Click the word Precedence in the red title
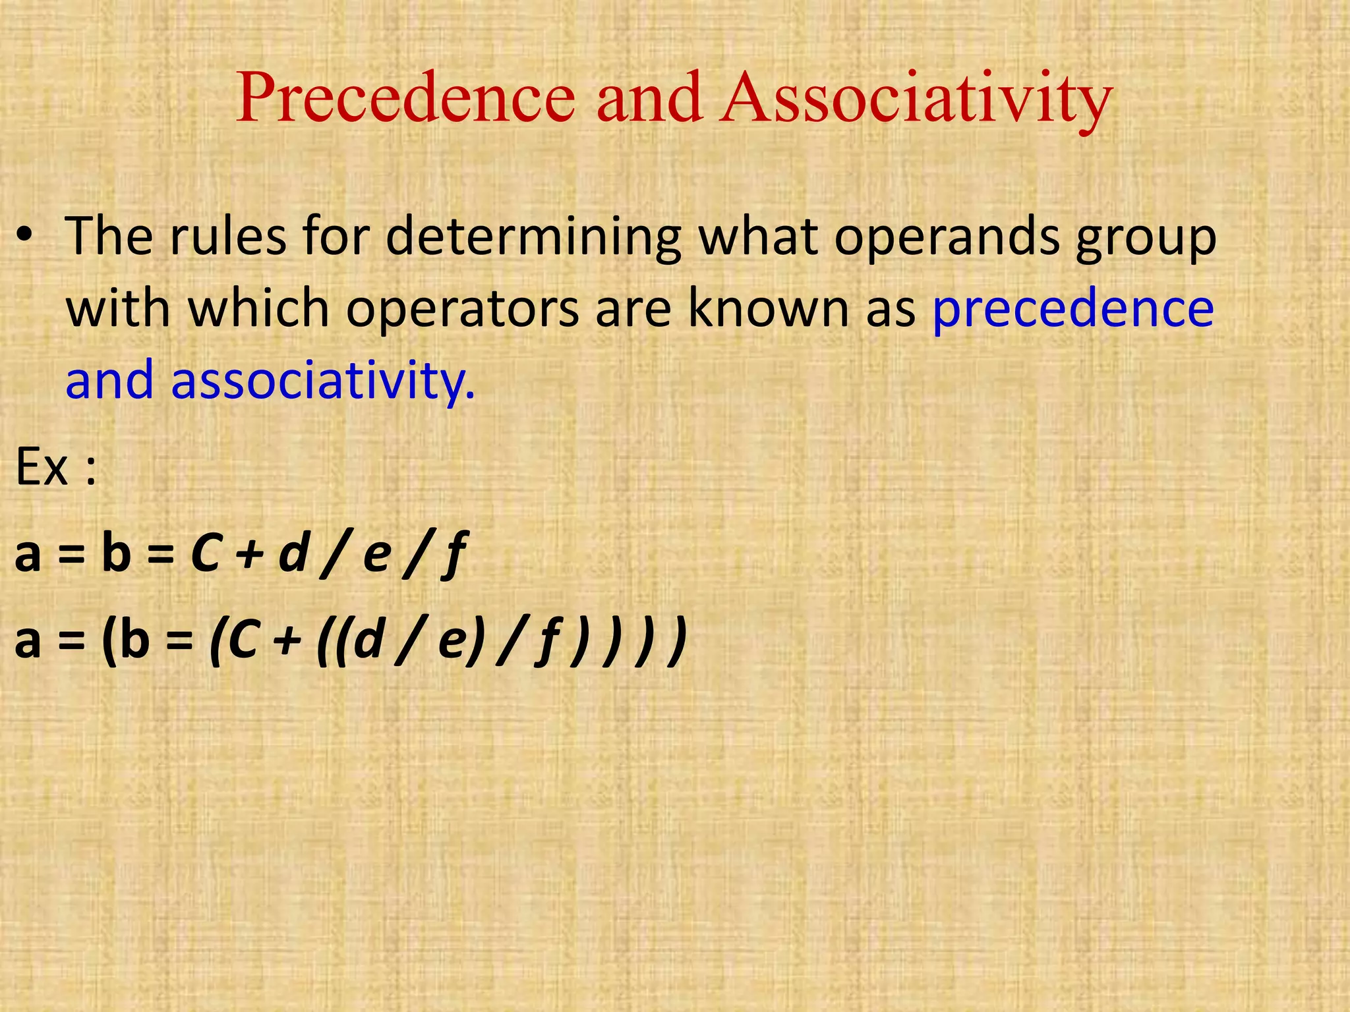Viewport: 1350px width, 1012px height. point(405,98)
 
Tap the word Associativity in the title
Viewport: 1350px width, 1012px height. point(916,99)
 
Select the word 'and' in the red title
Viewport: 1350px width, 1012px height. point(649,98)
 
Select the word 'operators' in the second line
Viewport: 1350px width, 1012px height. point(462,310)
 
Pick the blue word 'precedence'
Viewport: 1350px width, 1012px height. point(1073,310)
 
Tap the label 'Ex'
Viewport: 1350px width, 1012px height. point(42,466)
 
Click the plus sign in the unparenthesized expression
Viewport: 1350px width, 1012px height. point(248,554)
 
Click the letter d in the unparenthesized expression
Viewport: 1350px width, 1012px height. point(293,553)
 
